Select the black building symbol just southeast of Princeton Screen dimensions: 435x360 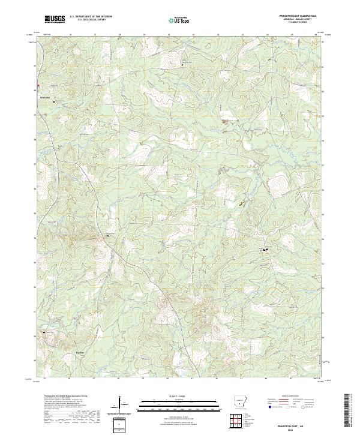[x=55, y=101]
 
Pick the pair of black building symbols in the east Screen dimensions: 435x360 [x=265, y=249]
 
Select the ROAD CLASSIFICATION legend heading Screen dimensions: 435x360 [x=291, y=397]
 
